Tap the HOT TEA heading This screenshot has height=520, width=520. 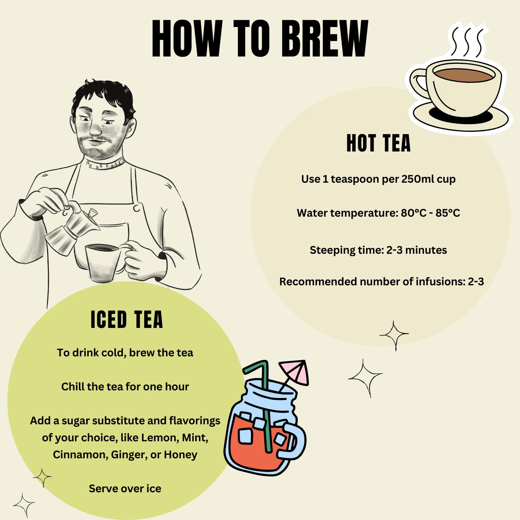tap(379, 143)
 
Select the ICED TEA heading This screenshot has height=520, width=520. tap(127, 319)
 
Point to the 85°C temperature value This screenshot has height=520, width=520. tap(448, 213)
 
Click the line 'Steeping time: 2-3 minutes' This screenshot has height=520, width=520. tap(378, 250)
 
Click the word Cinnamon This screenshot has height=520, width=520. tap(80, 454)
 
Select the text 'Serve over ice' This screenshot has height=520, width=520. tap(125, 488)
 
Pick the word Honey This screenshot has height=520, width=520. tap(180, 454)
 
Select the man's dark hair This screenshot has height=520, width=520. tap(104, 95)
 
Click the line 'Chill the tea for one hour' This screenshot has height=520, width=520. tap(125, 387)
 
